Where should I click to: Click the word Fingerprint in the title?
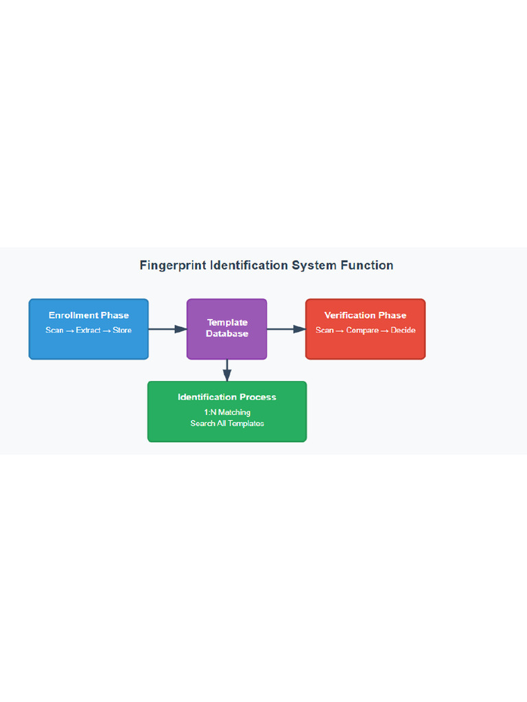(173, 265)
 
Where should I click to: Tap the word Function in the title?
(368, 265)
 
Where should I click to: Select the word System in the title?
(315, 265)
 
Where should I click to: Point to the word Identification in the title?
(250, 265)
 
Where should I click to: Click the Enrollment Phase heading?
(89, 315)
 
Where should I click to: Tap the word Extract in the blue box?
(89, 330)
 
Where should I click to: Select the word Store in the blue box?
(122, 330)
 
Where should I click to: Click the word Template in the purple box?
(227, 322)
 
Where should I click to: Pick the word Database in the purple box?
(227, 334)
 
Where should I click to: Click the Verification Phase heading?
(365, 315)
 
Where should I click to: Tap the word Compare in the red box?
(362, 330)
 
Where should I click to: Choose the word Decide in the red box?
(403, 330)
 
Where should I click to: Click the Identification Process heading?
(227, 397)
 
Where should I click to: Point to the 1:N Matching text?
(227, 412)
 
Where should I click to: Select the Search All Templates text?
(227, 424)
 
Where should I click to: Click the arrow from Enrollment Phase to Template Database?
(167, 329)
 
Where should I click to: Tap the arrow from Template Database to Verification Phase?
(286, 329)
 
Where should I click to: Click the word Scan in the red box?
(325, 330)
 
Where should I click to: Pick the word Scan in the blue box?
(54, 330)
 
